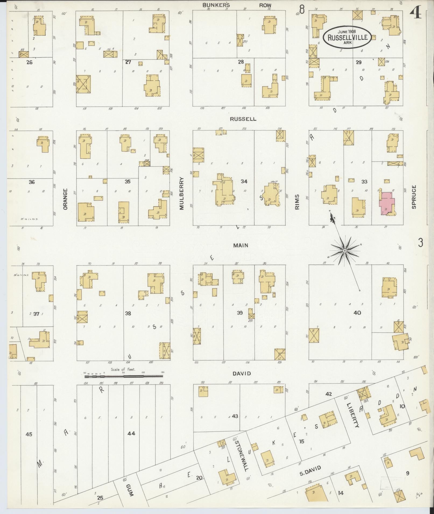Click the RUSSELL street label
tap(243, 119)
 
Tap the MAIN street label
tap(241, 245)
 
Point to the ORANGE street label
tap(65, 199)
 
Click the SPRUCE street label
tap(414, 197)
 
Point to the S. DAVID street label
tap(310, 470)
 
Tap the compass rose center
tap(344, 251)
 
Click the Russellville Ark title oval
tap(348, 37)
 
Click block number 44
tap(131, 433)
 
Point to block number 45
tap(29, 434)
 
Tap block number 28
tap(241, 62)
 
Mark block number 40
tap(357, 313)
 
